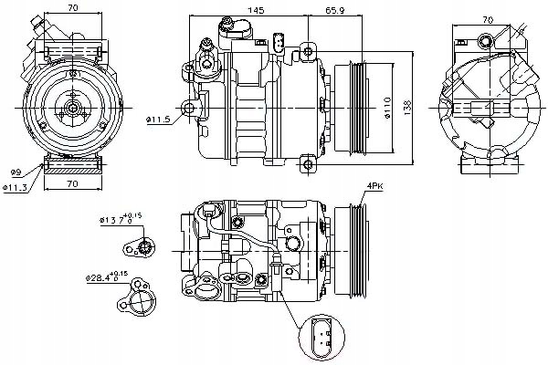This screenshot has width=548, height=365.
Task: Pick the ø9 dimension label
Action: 16,173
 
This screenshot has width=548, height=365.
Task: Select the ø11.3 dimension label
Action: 17,188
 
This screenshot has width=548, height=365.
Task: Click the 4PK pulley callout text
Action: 375,188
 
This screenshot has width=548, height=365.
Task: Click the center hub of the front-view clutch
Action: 71,108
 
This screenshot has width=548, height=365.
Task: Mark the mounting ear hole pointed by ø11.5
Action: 191,108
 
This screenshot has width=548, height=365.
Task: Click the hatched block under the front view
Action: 71,167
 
